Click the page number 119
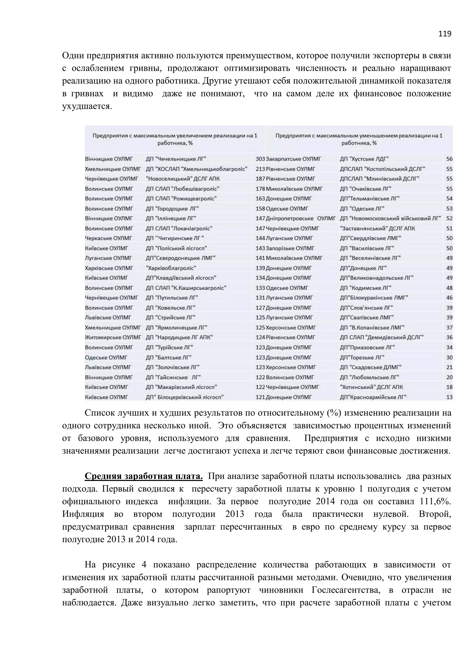coord(445,34)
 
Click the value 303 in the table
coord(260,159)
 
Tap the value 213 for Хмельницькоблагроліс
coord(260,169)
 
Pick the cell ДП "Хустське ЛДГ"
coord(364,159)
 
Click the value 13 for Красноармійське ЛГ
coord(449,397)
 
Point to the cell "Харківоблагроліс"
coord(171,268)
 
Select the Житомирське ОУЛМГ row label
coord(113,337)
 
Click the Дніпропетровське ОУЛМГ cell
coord(301,218)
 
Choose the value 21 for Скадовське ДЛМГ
coord(449,367)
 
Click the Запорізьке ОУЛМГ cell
coord(290,248)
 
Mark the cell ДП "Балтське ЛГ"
coord(169,357)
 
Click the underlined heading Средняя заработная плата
coord(143,476)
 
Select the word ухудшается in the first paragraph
coord(87,106)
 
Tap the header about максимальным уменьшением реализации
coord(359,139)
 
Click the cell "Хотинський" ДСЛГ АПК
coord(371,387)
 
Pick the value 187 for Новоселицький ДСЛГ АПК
coord(260,179)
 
